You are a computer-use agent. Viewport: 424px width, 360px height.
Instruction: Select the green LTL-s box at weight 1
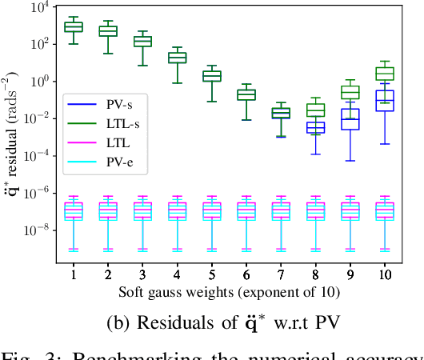point(74,27)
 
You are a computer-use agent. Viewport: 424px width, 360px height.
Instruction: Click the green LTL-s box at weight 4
point(178,57)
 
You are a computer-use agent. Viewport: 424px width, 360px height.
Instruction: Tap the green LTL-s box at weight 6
point(246,94)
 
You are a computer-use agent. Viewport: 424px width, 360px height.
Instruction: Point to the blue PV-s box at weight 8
point(316,127)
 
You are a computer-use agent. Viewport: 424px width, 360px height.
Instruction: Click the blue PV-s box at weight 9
point(350,118)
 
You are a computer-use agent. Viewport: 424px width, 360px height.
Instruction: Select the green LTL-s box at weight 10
point(385,74)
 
